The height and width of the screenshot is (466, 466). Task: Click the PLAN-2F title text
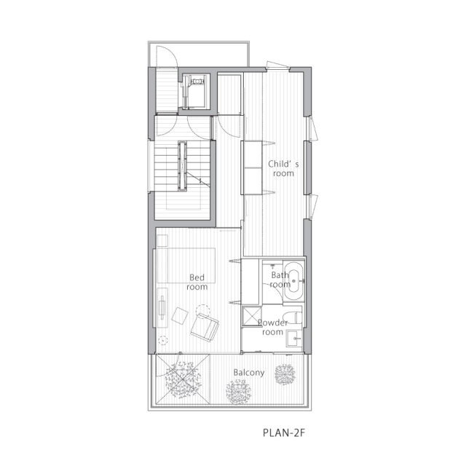pos(284,433)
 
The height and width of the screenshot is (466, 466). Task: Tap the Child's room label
pos(283,168)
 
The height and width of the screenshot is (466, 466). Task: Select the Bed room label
pos(197,282)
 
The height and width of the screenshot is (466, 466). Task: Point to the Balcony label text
pos(249,373)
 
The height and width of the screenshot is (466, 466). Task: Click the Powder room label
pos(273,327)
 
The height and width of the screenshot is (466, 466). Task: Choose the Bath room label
pos(280,280)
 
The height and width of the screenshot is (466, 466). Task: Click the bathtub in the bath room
pos(293,281)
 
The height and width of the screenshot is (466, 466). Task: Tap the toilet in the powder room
pos(293,317)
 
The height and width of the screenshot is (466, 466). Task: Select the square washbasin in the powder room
pos(294,339)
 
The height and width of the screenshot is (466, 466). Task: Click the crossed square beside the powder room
pos(253,317)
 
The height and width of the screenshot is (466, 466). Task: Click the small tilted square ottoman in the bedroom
pos(180,315)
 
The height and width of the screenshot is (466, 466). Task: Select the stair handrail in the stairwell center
pos(183,166)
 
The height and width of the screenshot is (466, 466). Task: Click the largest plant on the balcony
pos(183,380)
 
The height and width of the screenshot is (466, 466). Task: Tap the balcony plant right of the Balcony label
pos(285,374)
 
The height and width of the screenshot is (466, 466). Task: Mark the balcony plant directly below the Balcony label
pos(238,393)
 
